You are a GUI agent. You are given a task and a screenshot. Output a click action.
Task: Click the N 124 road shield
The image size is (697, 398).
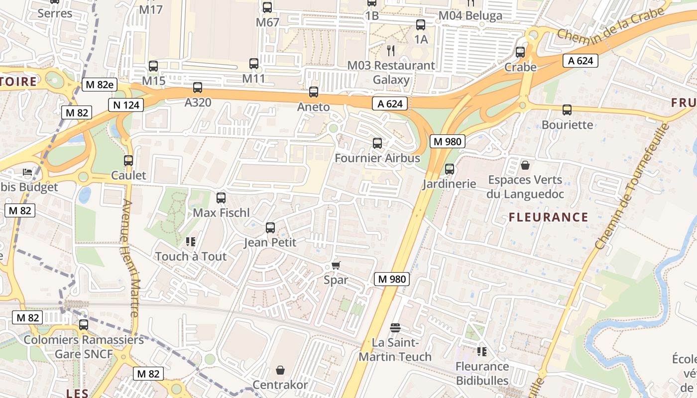(x=126, y=105)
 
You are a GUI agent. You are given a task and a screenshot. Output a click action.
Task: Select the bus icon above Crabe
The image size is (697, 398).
(x=520, y=52)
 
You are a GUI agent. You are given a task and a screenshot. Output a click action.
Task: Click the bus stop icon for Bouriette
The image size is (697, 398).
(x=567, y=110)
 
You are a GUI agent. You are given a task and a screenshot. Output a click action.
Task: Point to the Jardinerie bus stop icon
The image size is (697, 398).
(x=450, y=169)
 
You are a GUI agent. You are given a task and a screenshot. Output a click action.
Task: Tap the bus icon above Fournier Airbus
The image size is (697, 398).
(x=377, y=143)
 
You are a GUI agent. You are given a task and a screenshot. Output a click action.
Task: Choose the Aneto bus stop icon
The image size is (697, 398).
(x=314, y=92)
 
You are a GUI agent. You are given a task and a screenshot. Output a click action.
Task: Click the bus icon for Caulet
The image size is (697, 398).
(x=128, y=161)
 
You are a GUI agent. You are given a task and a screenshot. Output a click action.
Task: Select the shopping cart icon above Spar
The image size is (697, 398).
(x=336, y=265)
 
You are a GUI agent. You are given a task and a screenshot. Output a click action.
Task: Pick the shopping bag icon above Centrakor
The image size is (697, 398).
(x=280, y=370)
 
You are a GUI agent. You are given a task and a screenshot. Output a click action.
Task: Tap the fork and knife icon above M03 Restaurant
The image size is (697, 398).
(x=391, y=50)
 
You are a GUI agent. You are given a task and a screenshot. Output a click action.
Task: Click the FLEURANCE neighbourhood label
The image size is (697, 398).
(x=548, y=217)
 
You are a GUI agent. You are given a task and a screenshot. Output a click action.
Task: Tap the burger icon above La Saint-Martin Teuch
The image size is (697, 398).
(x=395, y=328)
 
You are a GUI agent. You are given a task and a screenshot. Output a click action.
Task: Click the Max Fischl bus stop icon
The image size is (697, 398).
(x=221, y=198)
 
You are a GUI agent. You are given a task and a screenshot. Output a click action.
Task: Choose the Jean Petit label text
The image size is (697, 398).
(x=270, y=243)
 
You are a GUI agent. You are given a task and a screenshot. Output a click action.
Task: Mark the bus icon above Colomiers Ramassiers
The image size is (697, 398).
(x=84, y=325)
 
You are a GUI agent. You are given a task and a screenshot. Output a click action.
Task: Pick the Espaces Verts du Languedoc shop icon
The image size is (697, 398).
(x=525, y=165)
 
